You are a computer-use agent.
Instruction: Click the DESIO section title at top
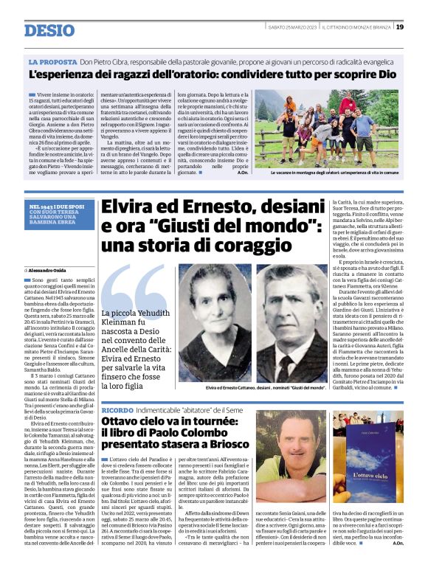tap(49, 30)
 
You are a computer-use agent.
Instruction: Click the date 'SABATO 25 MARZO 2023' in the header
tap(292, 27)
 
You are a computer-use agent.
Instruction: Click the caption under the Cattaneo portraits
tap(266, 387)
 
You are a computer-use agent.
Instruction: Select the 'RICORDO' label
tap(118, 409)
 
